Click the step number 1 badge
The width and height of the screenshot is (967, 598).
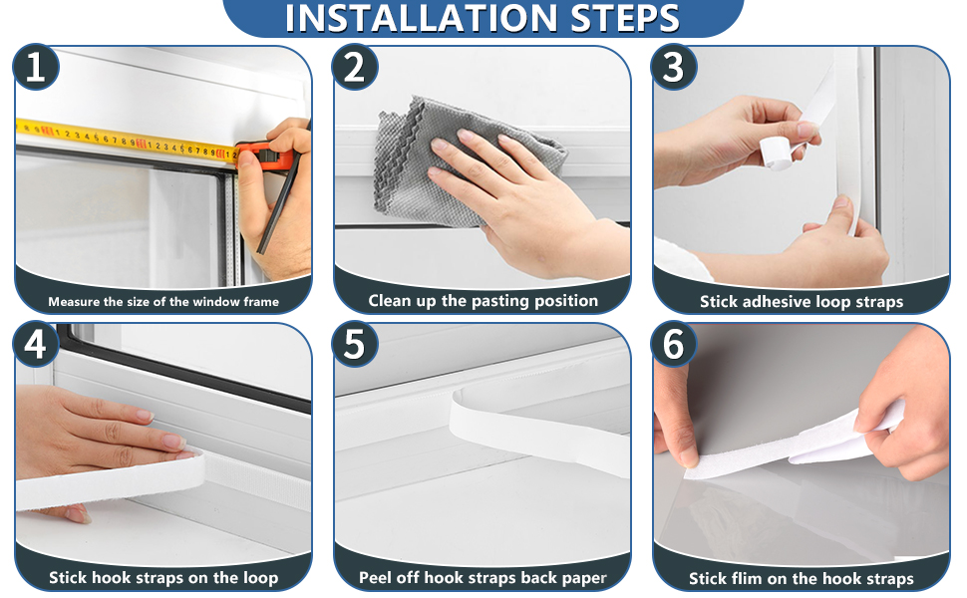(x=36, y=68)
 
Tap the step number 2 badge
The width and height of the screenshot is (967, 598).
(x=355, y=68)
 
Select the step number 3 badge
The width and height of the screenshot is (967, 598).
(x=674, y=68)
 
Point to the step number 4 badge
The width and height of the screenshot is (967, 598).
(x=36, y=345)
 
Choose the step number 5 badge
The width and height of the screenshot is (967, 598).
(x=355, y=345)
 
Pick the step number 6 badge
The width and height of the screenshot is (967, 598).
(x=674, y=345)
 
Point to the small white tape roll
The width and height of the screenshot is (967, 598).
(x=775, y=151)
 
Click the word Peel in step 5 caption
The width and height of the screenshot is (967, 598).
(x=377, y=578)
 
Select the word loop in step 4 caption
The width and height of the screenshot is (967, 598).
(x=259, y=578)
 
